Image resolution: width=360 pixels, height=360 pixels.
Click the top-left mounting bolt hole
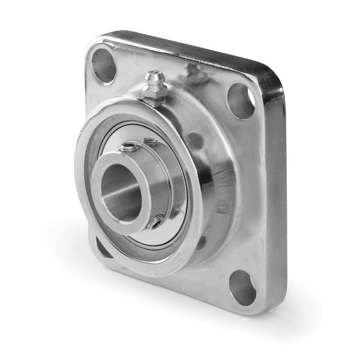coord(104,65)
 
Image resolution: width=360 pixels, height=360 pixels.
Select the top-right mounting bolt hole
coord(241,101)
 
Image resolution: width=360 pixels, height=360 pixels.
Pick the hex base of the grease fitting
coord(154,94)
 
